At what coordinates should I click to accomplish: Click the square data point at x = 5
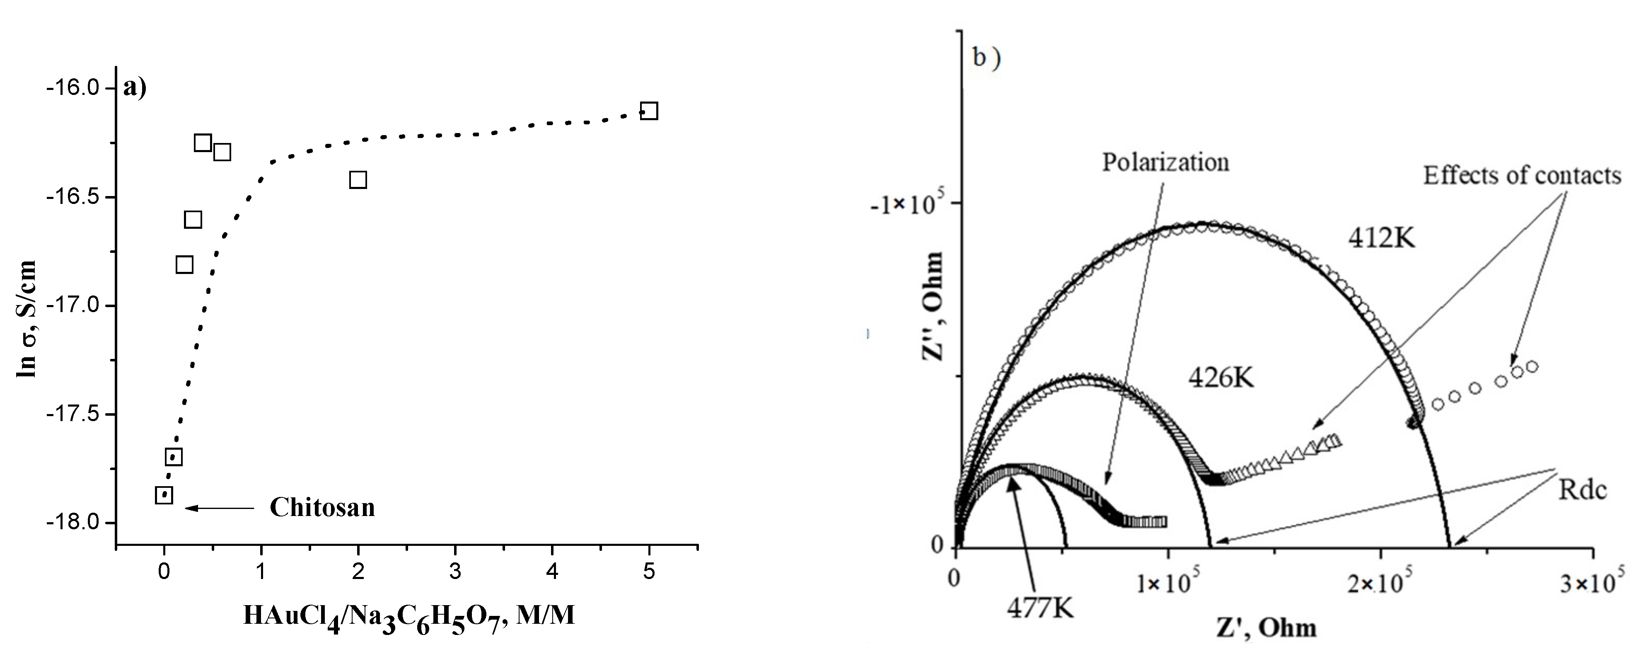648,111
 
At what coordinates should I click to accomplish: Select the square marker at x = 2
358,179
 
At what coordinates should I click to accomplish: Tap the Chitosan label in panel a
322,508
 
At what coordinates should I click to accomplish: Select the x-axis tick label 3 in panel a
455,572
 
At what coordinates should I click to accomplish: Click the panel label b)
986,59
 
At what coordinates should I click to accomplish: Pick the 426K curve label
1221,378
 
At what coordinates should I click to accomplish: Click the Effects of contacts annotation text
1521,176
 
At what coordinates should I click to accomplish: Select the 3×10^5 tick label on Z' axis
1590,584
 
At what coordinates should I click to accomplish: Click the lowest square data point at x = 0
164,495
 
